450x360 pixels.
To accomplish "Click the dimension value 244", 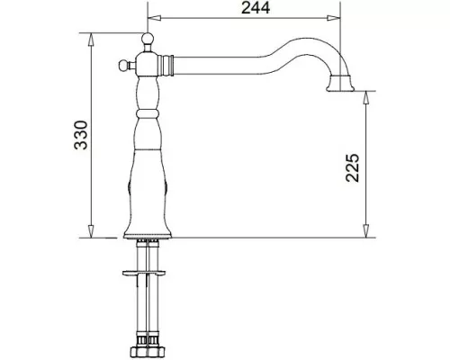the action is pos(256,8).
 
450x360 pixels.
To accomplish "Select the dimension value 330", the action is pos(81,135).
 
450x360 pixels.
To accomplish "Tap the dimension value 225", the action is pos(352,167).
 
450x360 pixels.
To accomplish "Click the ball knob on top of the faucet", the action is pos(148,39).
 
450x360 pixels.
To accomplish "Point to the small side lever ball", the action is pos(123,65).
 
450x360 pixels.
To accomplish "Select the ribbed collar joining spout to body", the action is pos(166,65).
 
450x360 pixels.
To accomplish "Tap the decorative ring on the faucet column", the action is pos(148,113).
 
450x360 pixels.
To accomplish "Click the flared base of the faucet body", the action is pos(148,233).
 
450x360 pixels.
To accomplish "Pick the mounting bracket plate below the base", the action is pos(144,273).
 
